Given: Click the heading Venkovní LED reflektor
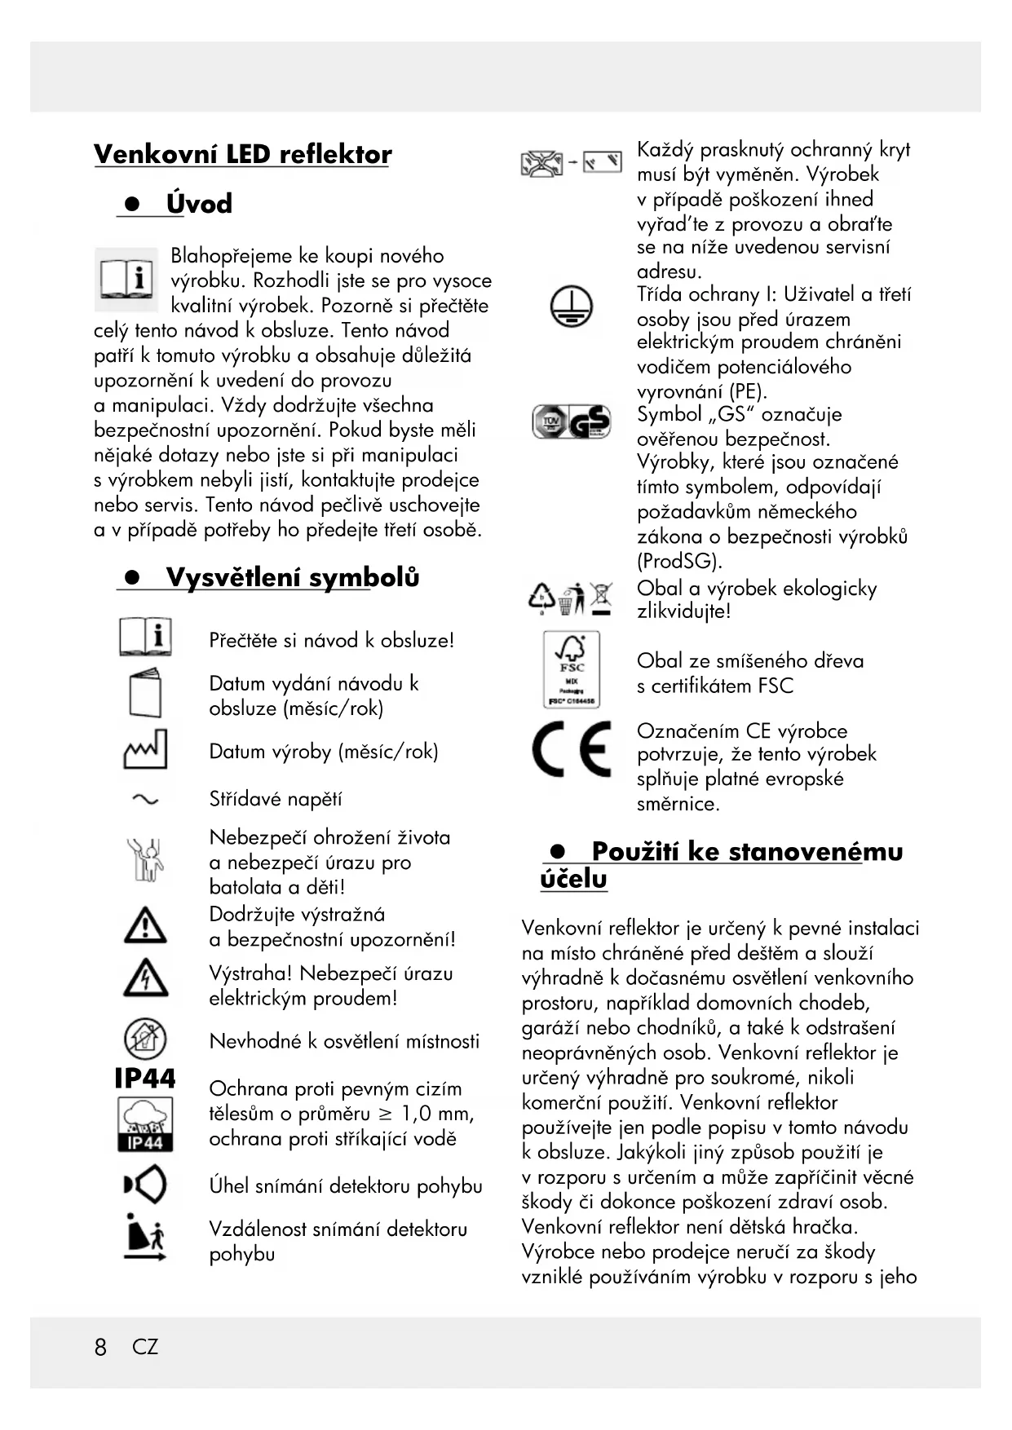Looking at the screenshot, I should [x=242, y=154].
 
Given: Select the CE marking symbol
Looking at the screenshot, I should [x=571, y=750].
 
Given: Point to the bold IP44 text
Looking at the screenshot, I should [x=145, y=1079].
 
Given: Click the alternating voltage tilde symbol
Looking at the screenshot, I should [x=145, y=800].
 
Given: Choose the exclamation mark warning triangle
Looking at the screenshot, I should [x=145, y=925].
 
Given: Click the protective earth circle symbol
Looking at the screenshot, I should [x=571, y=307].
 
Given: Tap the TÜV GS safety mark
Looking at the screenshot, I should [x=571, y=422].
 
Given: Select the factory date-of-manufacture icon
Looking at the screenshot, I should [x=145, y=750].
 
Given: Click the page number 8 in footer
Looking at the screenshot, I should [x=100, y=1347].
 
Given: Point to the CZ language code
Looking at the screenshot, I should [x=145, y=1347].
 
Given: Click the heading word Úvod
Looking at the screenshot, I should [x=199, y=203].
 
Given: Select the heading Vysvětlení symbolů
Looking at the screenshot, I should [x=292, y=577].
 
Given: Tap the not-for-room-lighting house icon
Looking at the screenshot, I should [x=145, y=1039].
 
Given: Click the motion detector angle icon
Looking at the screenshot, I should [x=145, y=1185].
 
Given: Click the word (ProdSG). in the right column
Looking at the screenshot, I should [x=679, y=561].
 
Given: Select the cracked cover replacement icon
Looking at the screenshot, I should [x=571, y=163].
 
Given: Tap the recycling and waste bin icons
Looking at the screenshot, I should [x=571, y=598].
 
